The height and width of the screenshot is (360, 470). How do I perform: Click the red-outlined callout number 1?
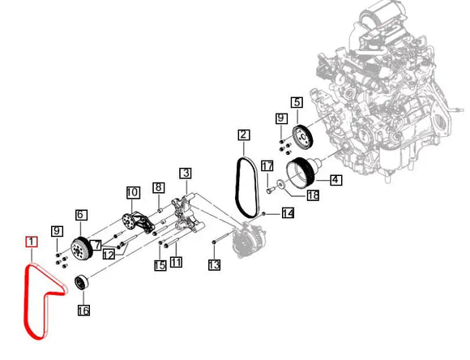31,242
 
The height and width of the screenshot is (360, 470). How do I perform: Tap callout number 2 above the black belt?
244,135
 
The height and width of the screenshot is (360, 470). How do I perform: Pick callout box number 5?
297,102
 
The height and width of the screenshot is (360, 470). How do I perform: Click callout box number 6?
81,215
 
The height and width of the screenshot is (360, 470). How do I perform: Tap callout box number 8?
159,187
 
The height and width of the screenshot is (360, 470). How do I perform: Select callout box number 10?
132,193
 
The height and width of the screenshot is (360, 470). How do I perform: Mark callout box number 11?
177,262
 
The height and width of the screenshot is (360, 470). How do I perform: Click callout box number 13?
214,264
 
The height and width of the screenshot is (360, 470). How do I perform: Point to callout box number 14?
287,213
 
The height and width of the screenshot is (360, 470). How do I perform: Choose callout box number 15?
160,264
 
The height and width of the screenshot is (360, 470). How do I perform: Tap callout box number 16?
83,311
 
